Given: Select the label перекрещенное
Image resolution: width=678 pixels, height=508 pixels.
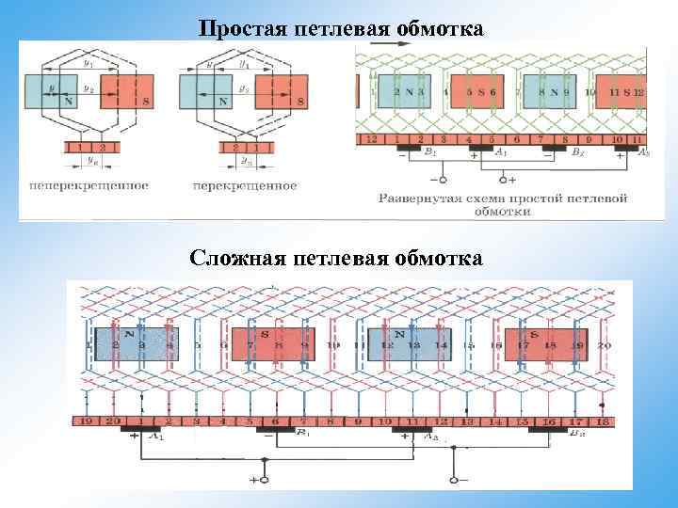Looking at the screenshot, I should [x=245, y=185].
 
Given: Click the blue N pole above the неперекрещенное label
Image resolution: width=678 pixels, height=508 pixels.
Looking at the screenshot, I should [x=45, y=90].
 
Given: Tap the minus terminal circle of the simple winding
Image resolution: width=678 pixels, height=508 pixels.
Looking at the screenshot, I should [x=436, y=179].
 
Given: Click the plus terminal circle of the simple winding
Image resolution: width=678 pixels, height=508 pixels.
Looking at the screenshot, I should [x=503, y=179].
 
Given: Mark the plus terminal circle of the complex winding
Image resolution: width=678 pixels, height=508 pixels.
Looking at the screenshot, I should [x=264, y=480].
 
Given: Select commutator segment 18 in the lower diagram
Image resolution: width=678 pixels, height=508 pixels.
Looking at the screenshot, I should [x=602, y=422].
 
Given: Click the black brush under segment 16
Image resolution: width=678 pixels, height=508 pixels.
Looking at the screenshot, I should [x=549, y=432].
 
